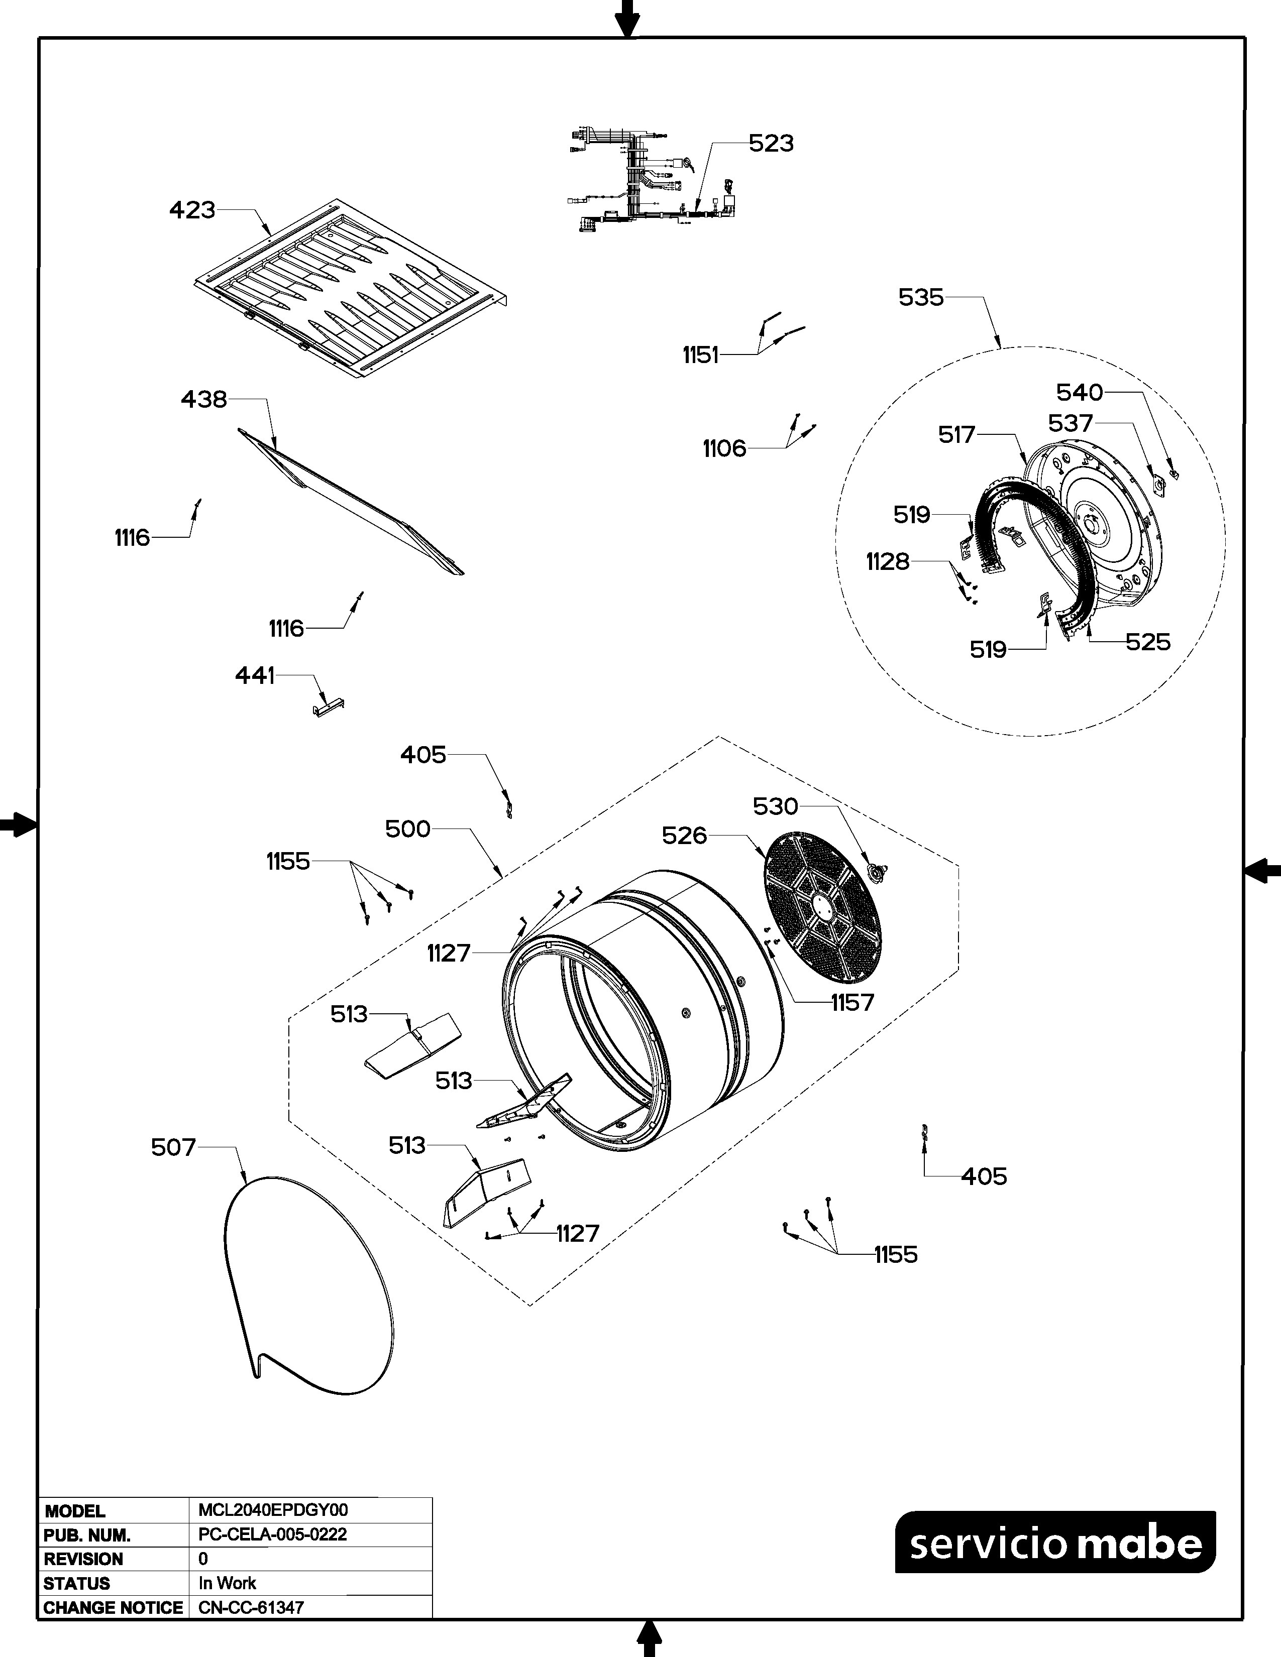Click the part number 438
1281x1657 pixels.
pyautogui.click(x=203, y=399)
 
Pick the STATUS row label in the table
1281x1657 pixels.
pyautogui.click(x=77, y=1583)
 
